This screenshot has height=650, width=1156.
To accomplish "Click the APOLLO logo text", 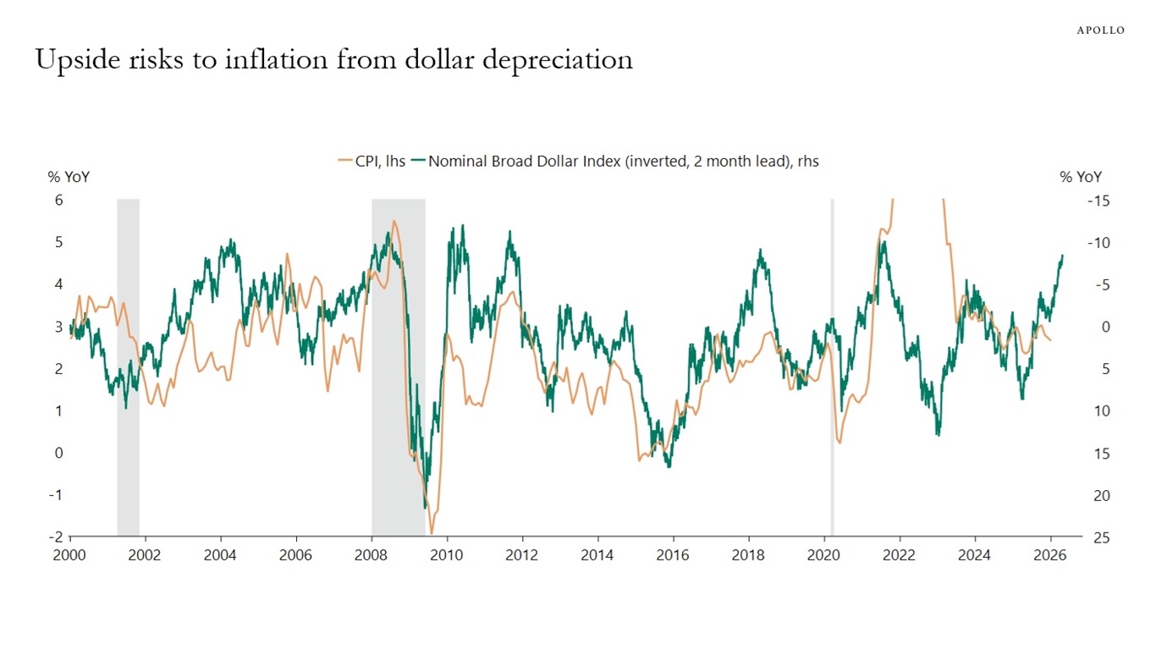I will pos(1100,30).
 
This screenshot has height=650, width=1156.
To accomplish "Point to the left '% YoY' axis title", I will pos(69,177).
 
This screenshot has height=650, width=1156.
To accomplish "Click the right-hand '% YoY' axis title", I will pos(1081,177).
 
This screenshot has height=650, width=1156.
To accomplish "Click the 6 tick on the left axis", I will pos(59,201).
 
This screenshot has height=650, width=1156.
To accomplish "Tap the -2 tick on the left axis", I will pos(57,537).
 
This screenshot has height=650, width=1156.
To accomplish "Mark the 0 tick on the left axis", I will pos(59,453).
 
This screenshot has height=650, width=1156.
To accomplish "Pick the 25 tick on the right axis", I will pos(1102,537).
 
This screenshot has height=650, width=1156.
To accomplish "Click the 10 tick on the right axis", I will pos(1102,411).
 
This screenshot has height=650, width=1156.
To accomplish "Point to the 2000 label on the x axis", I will pos(70,555).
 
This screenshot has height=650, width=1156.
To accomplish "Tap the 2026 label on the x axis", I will pos(1050,555).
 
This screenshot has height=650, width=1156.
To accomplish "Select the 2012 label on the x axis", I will pos(522,555).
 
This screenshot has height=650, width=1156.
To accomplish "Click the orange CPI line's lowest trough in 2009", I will pos(432,533).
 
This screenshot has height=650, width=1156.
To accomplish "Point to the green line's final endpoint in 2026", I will pos(1063,255).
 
